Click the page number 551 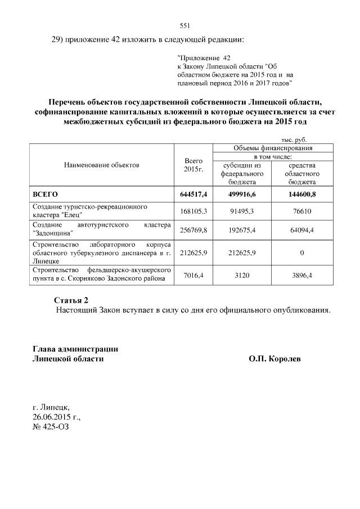185,26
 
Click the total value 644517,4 193,194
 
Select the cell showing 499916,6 242,194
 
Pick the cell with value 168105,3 193,210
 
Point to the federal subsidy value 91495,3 242,210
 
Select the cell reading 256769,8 193,229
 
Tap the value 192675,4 242,229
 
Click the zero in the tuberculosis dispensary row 301,253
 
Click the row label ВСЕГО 46,194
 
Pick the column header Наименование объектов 101,165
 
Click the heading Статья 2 71,299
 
